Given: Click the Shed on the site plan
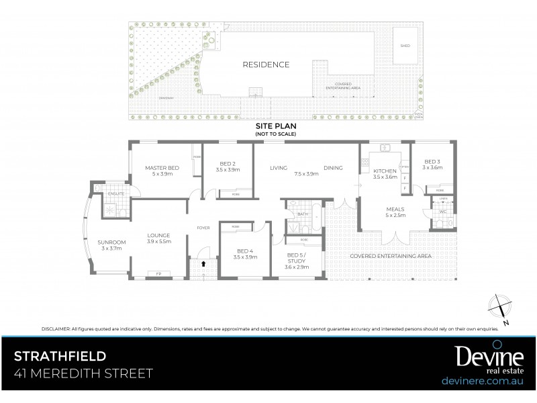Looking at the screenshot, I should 404,46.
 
